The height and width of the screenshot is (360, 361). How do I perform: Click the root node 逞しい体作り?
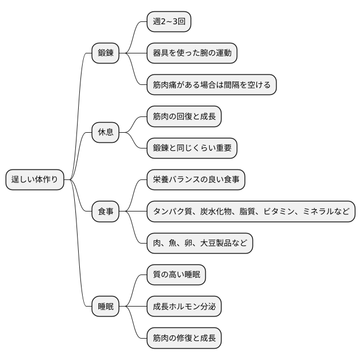(x=35, y=180)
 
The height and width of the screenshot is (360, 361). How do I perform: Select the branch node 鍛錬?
(x=106, y=53)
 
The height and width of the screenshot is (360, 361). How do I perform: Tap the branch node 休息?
(x=106, y=133)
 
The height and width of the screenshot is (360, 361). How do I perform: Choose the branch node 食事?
(x=106, y=211)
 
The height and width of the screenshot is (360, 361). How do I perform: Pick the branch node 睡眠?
(x=106, y=307)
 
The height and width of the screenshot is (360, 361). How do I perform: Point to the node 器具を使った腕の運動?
(x=191, y=53)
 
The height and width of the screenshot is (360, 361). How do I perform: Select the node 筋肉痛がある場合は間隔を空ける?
(x=211, y=85)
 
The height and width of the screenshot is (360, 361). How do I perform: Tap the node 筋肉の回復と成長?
(x=183, y=117)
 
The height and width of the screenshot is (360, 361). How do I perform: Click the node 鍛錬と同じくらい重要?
(x=191, y=148)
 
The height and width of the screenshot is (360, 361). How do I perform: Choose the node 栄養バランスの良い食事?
(x=196, y=180)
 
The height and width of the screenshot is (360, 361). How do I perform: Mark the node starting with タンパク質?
(x=251, y=211)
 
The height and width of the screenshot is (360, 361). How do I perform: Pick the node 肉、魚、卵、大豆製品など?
(x=200, y=243)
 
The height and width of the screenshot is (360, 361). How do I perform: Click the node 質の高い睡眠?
(x=176, y=275)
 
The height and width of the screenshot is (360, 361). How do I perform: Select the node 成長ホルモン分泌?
(x=183, y=307)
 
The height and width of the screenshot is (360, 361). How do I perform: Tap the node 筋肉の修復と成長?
(x=183, y=338)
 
